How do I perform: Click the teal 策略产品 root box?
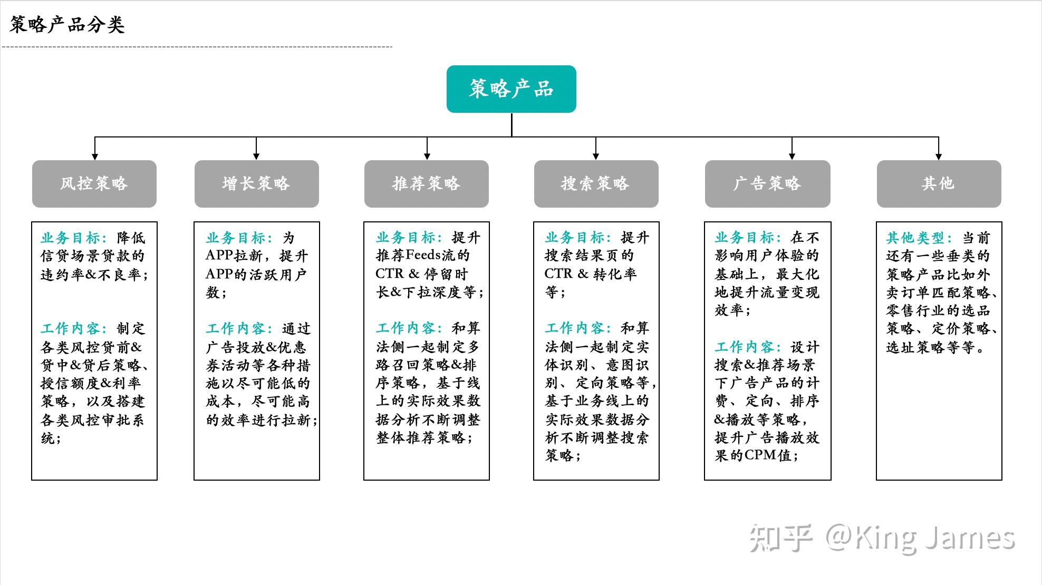coord(511,89)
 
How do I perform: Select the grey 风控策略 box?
coord(94,184)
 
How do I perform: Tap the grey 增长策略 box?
coord(256,184)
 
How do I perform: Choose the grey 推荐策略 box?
coord(426,184)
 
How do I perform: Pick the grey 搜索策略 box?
coord(596,184)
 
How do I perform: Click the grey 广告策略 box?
coord(767,184)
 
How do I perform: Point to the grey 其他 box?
coord(939,184)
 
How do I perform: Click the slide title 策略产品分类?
coord(67,25)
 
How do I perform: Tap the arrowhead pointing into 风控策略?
coord(95,157)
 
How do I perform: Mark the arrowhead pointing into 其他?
coord(939,157)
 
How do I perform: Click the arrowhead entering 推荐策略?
coord(427,157)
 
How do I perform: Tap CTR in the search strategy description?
coord(558,274)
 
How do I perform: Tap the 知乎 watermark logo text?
coord(781,539)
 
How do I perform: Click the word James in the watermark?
coord(970,539)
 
